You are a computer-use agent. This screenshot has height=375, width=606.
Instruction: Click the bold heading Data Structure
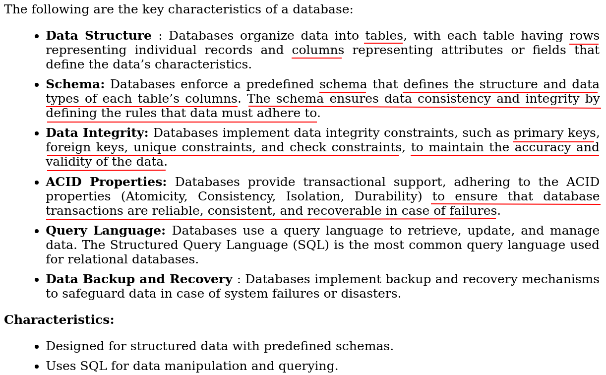pos(98,36)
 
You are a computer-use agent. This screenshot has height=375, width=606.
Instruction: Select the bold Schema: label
pos(75,85)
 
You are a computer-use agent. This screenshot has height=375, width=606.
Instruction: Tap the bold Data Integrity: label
pos(97,133)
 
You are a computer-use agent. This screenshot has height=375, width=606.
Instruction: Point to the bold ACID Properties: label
pos(106,183)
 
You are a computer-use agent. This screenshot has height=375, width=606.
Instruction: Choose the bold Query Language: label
pos(105,231)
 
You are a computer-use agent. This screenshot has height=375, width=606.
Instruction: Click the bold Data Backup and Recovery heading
pos(139,280)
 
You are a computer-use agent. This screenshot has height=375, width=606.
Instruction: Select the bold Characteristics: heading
pos(59,320)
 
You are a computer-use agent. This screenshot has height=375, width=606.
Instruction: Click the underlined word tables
pos(383,36)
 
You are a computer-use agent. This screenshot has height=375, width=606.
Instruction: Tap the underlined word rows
pos(584,36)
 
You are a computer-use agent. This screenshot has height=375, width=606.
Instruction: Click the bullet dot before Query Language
pos(36,232)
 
